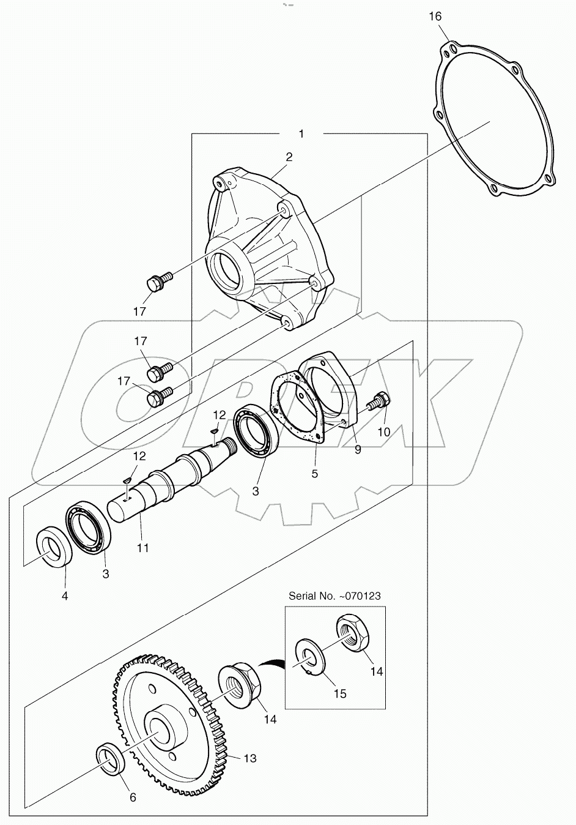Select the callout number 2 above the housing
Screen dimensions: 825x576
pos(289,157)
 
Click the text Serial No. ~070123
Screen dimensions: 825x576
pos(336,594)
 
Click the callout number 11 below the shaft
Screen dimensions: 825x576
pos(142,548)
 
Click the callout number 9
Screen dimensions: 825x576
pos(358,449)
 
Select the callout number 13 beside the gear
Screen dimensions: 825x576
pos(249,758)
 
